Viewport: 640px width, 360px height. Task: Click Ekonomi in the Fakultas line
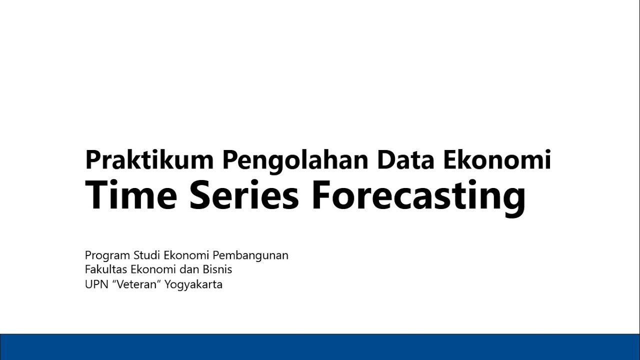149,269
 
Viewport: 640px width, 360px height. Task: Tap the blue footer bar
320,347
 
